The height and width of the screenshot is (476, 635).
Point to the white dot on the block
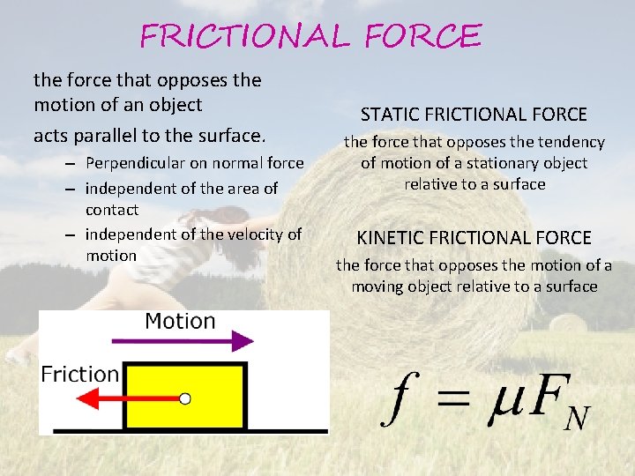[185, 398]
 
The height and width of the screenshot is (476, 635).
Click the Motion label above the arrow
[180, 321]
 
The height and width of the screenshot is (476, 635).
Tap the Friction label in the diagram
[80, 374]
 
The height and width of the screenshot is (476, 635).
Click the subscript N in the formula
[576, 417]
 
